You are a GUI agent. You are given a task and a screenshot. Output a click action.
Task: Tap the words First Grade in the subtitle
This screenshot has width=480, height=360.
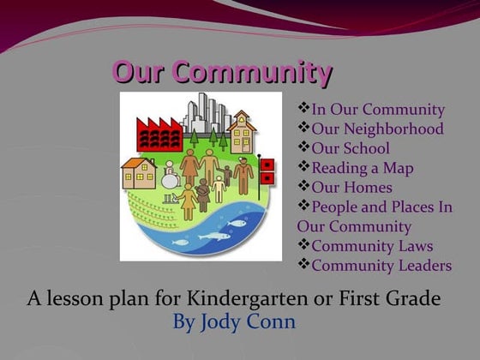click(x=401, y=300)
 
